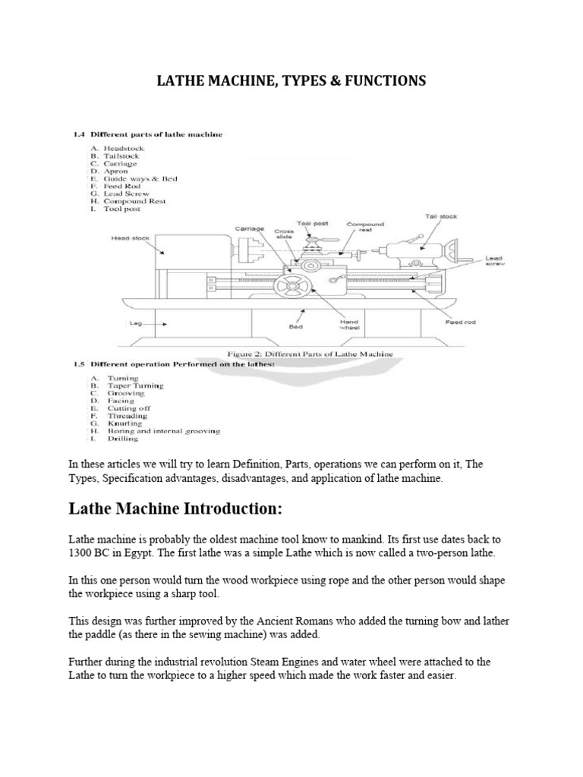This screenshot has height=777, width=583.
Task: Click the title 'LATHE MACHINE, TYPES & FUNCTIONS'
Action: pyautogui.click(x=291, y=80)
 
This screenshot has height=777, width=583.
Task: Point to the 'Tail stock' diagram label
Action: pyautogui.click(x=442, y=216)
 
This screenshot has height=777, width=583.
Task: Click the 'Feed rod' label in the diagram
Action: pyautogui.click(x=459, y=322)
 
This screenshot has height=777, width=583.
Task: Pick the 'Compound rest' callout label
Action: pyautogui.click(x=367, y=227)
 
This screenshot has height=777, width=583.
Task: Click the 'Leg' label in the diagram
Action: pyautogui.click(x=136, y=322)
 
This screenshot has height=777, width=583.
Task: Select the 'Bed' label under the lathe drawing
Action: pyautogui.click(x=295, y=328)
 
